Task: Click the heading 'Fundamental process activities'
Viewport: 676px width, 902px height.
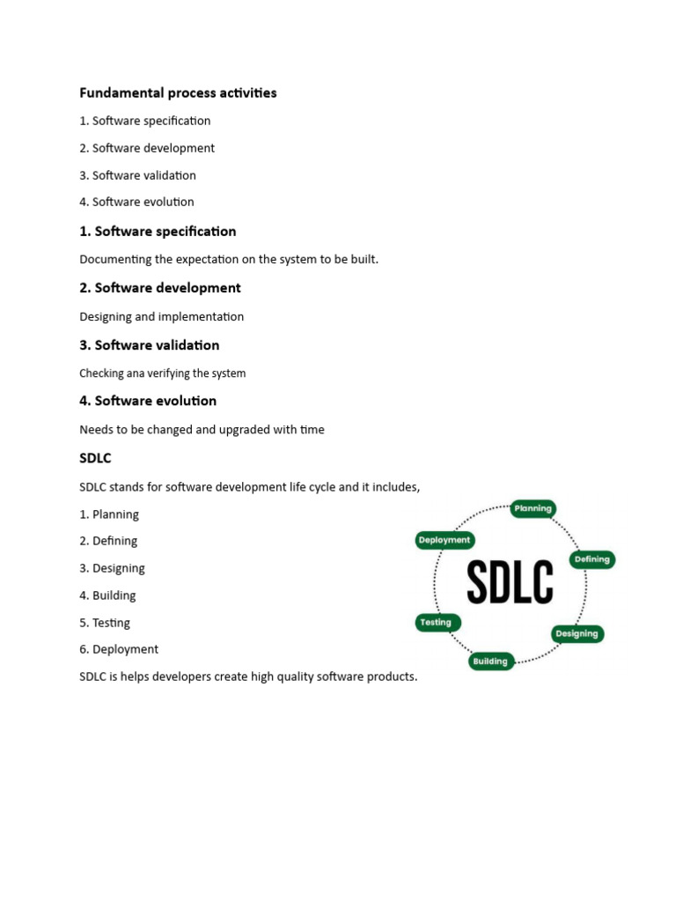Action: tap(178, 92)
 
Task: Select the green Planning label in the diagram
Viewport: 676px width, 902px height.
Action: tap(533, 508)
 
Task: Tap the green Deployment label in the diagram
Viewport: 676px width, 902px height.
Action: tap(445, 540)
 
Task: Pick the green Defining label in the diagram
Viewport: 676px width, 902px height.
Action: tap(591, 559)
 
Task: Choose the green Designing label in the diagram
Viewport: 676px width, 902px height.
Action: tap(577, 633)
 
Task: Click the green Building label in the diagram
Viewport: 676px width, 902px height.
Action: tap(490, 662)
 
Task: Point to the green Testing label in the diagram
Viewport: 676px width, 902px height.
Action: tap(436, 622)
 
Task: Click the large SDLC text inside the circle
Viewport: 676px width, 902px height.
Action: tap(510, 582)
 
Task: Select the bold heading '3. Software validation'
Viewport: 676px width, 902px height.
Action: tap(150, 345)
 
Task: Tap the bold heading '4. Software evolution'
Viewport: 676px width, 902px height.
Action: tap(148, 401)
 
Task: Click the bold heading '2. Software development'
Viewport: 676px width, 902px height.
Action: tap(160, 288)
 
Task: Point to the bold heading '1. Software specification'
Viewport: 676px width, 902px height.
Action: tap(158, 232)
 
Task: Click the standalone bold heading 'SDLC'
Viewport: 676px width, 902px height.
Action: tap(95, 459)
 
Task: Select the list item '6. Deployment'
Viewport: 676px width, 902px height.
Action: tap(119, 649)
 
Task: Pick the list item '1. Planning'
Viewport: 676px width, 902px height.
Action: tap(109, 514)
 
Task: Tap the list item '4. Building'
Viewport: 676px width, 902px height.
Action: tap(107, 595)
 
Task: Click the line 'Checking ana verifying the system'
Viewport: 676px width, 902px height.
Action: tap(163, 373)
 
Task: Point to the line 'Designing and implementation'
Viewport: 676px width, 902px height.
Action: tap(162, 316)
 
